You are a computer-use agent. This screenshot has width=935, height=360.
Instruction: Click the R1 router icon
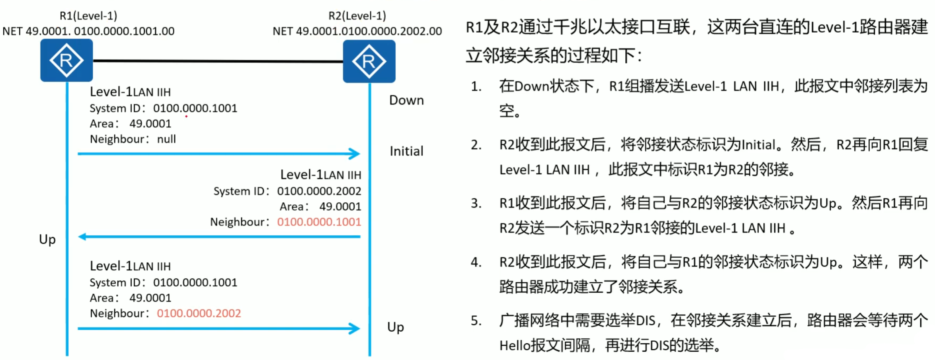[x=66, y=61]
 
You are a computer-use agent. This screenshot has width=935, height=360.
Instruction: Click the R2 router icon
[x=369, y=61]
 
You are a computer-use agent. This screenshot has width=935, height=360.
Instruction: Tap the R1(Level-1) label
[x=88, y=16]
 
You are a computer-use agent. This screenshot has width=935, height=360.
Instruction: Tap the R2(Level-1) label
[x=357, y=16]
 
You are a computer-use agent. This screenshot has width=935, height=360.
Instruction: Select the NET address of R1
[x=88, y=31]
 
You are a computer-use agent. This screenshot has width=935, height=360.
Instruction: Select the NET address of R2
[x=357, y=31]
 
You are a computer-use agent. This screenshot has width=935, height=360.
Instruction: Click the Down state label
[x=406, y=100]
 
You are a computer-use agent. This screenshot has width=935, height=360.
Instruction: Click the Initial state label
[x=406, y=151]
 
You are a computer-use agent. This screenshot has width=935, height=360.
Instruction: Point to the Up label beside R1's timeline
[x=47, y=240]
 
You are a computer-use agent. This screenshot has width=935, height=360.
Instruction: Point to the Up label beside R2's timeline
[x=395, y=327]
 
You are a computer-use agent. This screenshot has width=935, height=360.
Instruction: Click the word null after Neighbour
[x=166, y=139]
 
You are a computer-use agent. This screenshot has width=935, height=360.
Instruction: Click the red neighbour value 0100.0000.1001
[x=319, y=222]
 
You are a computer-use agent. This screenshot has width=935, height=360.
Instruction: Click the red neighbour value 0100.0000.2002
[x=199, y=313]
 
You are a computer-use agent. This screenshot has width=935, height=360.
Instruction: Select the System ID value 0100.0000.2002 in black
[x=319, y=191]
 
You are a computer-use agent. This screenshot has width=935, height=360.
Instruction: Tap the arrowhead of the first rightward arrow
[x=355, y=154]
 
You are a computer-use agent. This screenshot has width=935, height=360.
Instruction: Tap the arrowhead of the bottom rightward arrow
[x=355, y=329]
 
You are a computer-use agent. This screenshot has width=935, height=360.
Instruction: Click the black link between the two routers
[x=218, y=61]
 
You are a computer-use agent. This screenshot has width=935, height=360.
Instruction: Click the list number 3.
[x=476, y=203]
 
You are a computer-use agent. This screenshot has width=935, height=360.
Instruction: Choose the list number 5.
[x=476, y=321]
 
